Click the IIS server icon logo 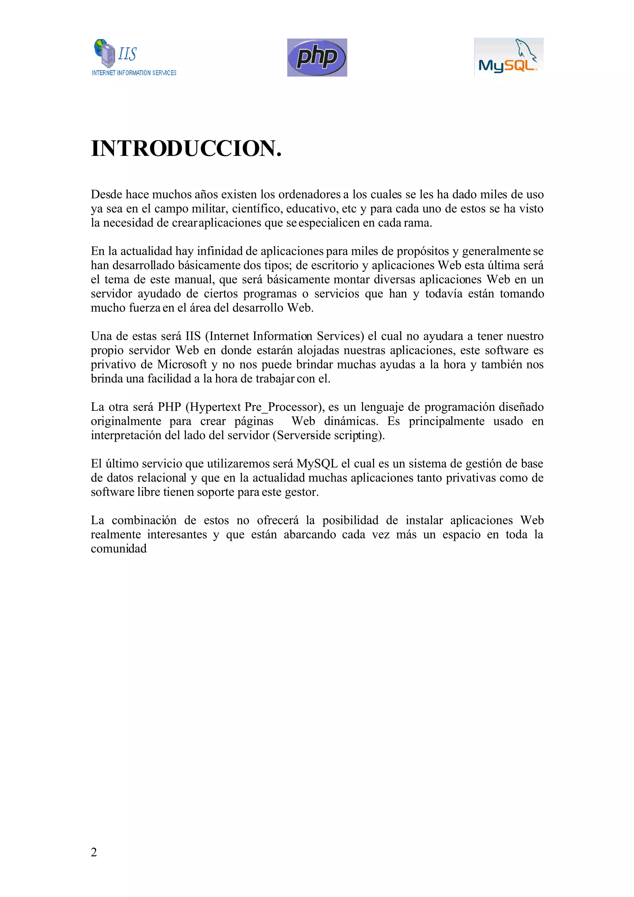coord(105,53)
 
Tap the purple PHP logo coord(317,58)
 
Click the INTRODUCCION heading coord(186,149)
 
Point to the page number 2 coord(94,852)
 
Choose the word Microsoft coord(182,365)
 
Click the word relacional coord(161,478)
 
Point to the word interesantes coord(177,535)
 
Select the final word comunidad coord(119,548)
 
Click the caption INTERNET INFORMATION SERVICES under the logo coord(134,73)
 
